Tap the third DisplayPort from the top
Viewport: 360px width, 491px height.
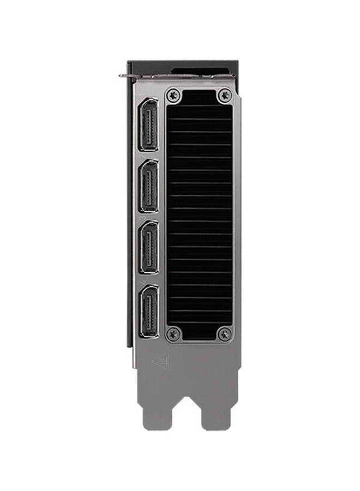click(x=148, y=248)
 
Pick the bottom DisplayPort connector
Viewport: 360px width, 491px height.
click(x=148, y=310)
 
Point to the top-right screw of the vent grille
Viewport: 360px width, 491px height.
click(x=224, y=96)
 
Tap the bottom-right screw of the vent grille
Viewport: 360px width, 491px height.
click(x=224, y=333)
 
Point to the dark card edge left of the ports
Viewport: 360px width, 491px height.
click(x=130, y=218)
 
